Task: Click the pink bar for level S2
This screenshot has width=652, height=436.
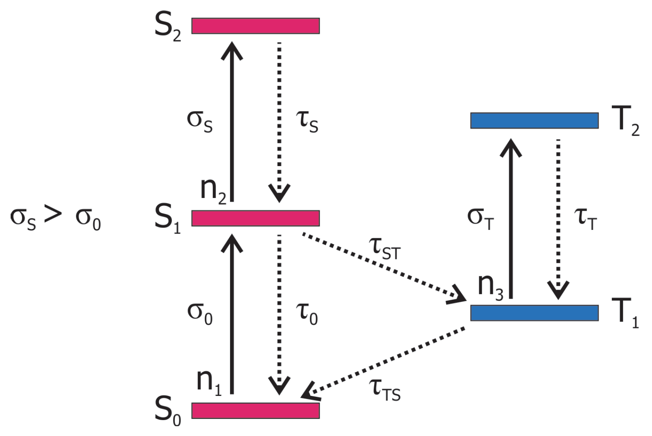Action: [x=255, y=26]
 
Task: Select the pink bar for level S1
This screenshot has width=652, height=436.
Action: [x=255, y=218]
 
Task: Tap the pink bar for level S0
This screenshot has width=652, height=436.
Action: [x=255, y=411]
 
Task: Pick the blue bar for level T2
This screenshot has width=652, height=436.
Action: [x=534, y=121]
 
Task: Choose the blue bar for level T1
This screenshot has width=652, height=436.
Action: [x=534, y=313]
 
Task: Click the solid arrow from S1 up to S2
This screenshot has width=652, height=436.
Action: [x=232, y=123]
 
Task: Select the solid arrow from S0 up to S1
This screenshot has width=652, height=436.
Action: [x=232, y=315]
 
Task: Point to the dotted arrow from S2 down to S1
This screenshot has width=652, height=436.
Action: [x=279, y=123]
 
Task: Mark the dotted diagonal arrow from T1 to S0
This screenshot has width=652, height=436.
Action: [x=385, y=362]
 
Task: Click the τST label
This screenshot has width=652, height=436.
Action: [x=385, y=247]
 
